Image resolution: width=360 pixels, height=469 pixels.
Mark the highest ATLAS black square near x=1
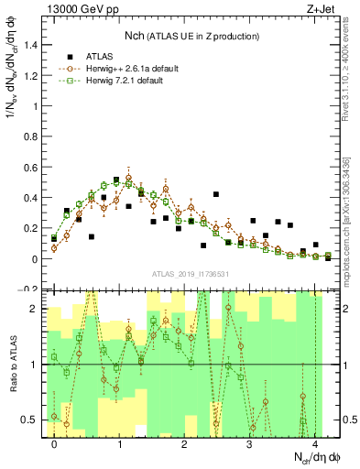[116, 180]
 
